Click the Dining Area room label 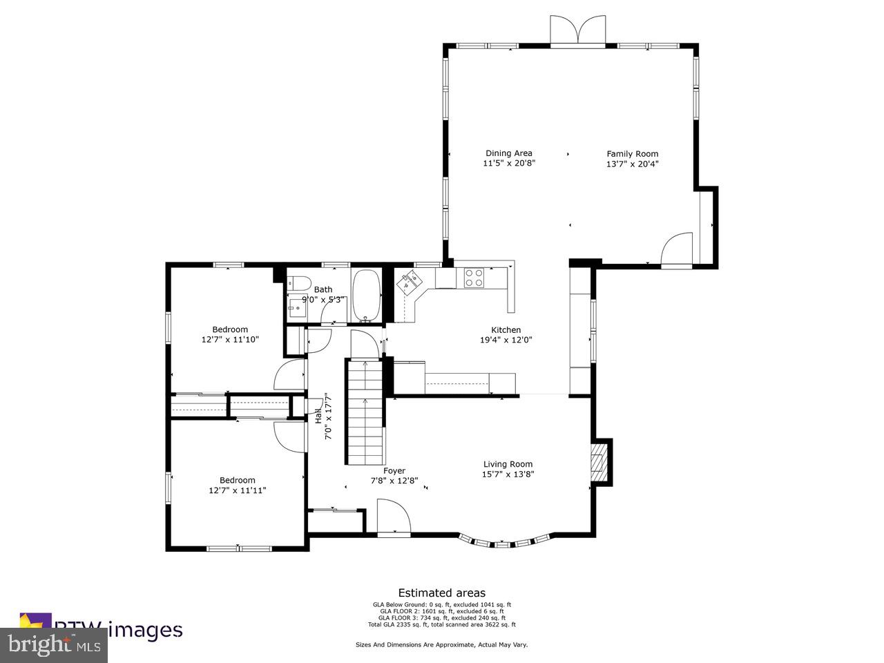click(508, 153)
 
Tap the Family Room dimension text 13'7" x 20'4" click(632, 164)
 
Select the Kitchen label click(506, 329)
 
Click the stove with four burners click(474, 278)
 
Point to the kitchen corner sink click(410, 281)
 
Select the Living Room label click(508, 464)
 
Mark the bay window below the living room click(506, 542)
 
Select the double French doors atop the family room click(578, 31)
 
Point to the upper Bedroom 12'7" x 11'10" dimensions click(230, 340)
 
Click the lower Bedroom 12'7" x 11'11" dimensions click(237, 490)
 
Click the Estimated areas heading click(441, 593)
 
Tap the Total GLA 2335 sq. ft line click(441, 624)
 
